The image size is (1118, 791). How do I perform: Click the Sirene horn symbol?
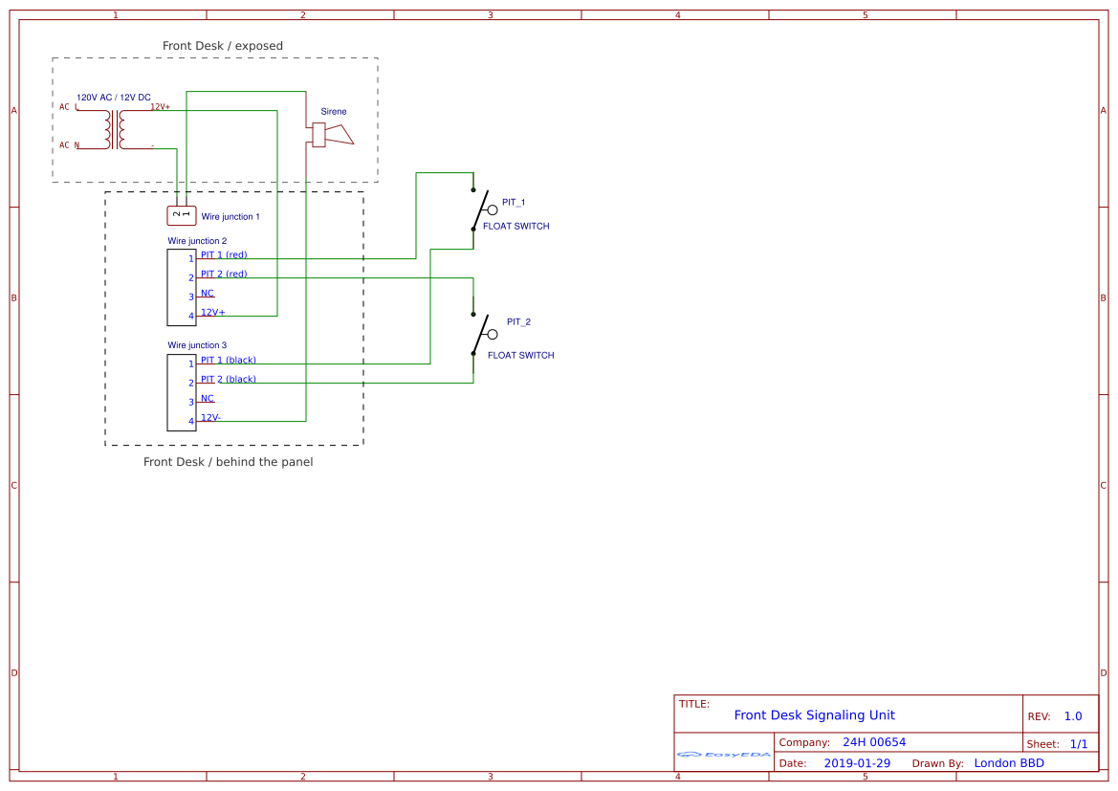pos(332,135)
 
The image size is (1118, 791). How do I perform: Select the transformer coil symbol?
pos(115,129)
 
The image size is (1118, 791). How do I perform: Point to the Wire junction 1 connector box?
pos(182,215)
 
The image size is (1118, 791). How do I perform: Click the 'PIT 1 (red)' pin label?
pos(224,254)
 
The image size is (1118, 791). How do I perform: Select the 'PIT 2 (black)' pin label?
pos(229,379)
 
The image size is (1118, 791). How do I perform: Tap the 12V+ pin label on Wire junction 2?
pos(213,312)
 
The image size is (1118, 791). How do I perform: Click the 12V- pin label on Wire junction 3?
pos(211,417)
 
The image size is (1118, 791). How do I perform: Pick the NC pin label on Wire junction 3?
pos(208,398)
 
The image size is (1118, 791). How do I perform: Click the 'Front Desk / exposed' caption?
pos(223,46)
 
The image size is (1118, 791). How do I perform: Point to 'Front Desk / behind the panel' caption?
pos(228,462)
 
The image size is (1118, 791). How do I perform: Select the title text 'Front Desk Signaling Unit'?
pos(814,715)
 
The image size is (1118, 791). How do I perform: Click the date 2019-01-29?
pos(856,763)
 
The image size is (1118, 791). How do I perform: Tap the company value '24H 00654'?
pos(873,742)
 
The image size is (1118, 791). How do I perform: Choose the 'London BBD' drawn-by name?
pos(1009,763)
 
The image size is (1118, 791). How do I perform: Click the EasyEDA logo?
pos(724,755)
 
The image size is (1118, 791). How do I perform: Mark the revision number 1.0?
pos(1072,716)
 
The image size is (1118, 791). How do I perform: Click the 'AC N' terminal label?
pos(69,145)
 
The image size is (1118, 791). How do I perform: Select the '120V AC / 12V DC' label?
pos(113,98)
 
